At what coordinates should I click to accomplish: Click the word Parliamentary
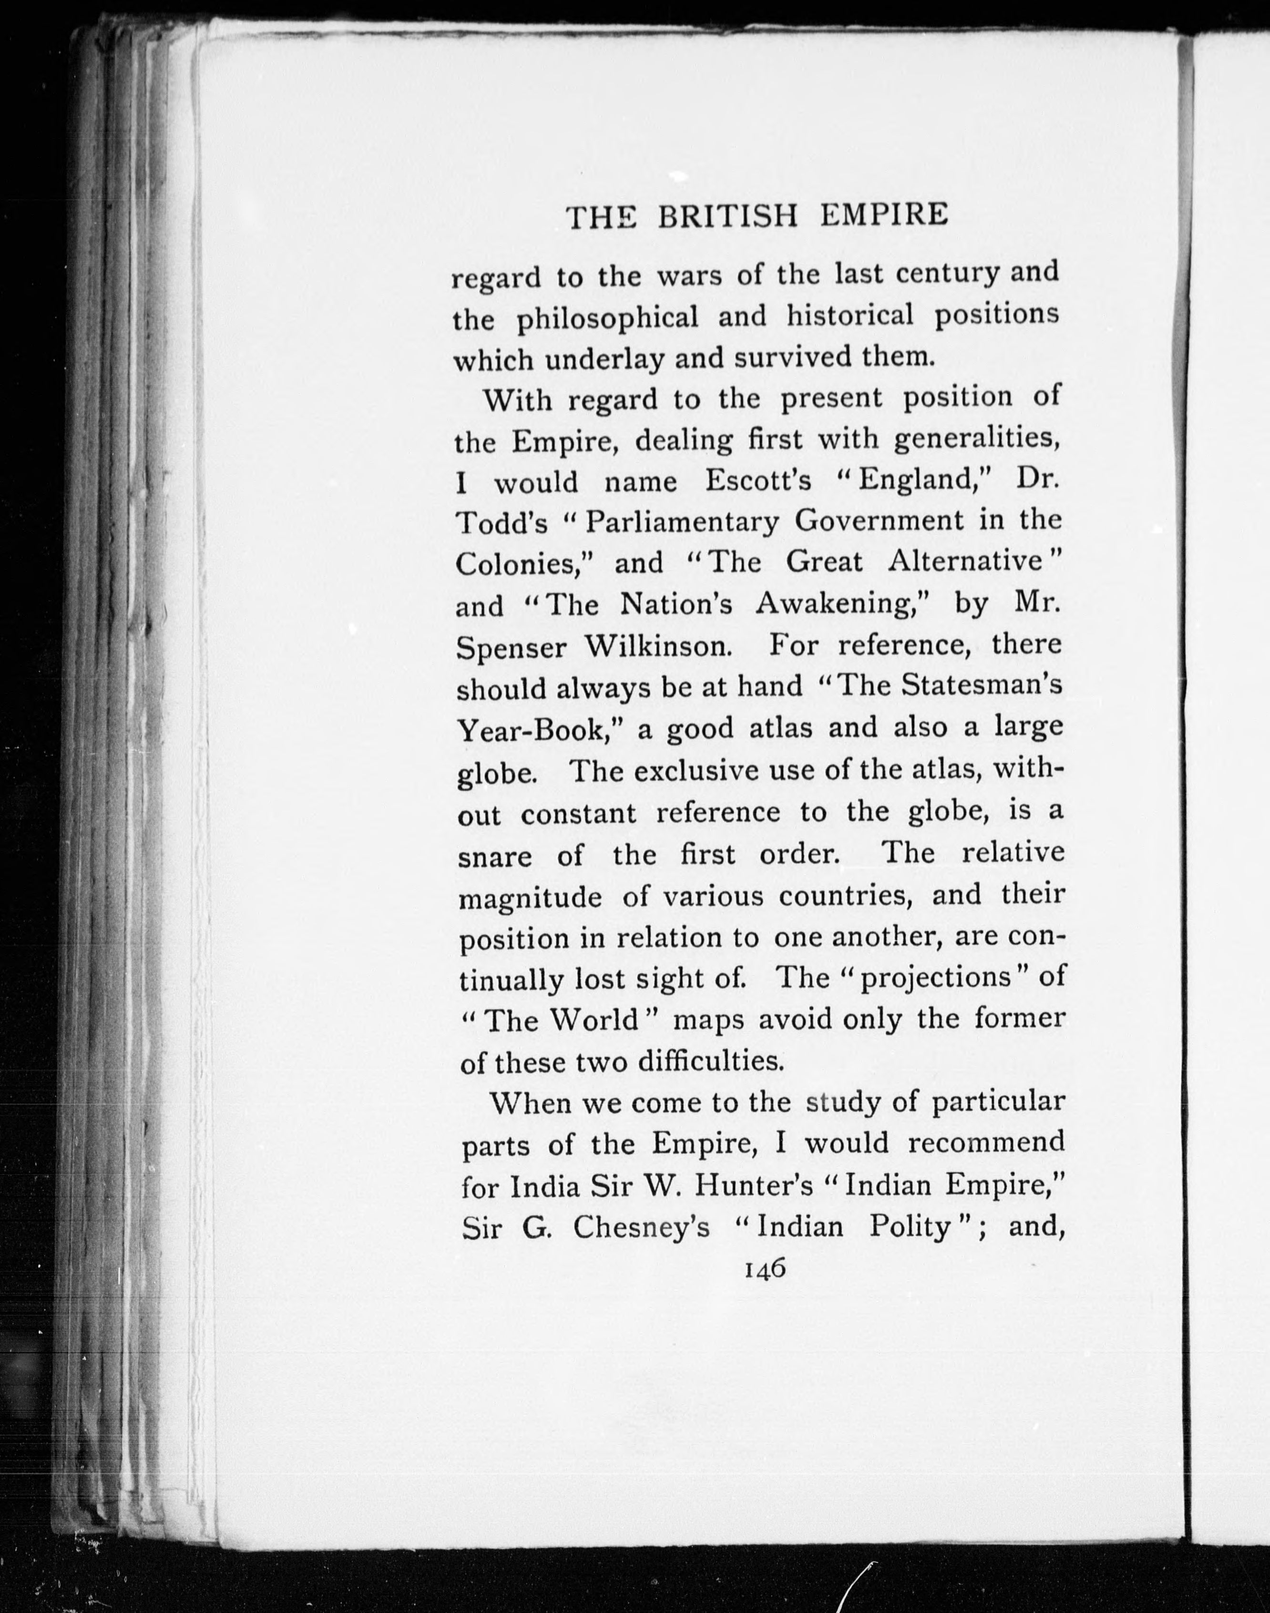tap(681, 522)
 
